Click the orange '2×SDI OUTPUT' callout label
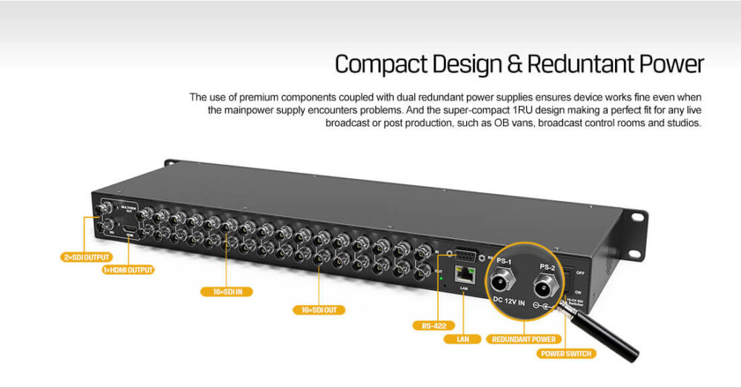click(x=85, y=257)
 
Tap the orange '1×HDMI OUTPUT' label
click(x=128, y=270)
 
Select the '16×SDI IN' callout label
click(x=227, y=292)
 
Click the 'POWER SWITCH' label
click(x=565, y=353)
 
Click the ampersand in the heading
click(x=514, y=65)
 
